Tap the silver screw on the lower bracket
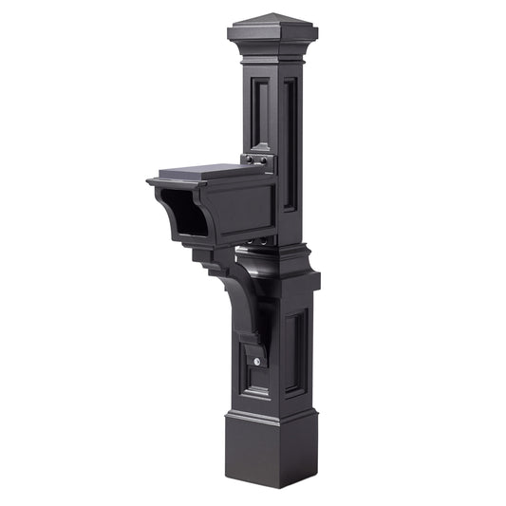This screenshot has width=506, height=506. coord(255,361)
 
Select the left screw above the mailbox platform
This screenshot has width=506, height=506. coord(248,159)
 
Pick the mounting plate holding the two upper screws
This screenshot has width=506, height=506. coord(258,161)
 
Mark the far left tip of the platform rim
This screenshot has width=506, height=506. coord(149,180)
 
